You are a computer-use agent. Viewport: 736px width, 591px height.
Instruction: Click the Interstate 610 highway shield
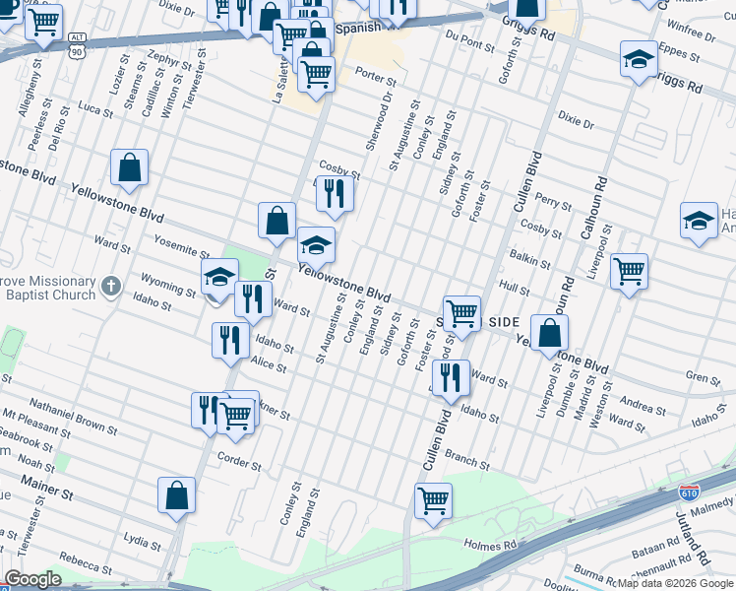point(690,490)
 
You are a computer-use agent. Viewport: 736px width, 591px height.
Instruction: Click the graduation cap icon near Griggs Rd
point(639,59)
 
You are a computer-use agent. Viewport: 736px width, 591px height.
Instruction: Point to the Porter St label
point(375,76)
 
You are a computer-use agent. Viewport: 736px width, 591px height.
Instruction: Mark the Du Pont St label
point(468,42)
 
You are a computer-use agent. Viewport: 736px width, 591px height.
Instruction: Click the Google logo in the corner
point(32,579)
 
